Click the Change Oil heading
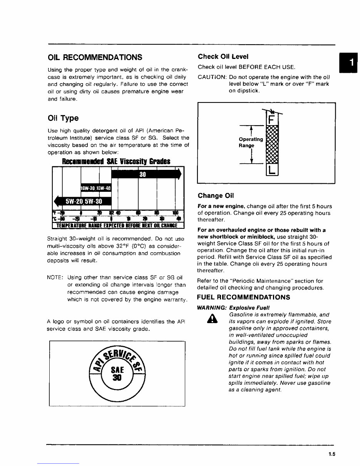[216, 195]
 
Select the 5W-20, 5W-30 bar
[83, 201]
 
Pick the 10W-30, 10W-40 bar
[95, 188]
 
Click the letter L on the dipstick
[272, 169]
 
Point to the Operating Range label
[251, 142]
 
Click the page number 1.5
[332, 454]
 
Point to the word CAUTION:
[211, 77]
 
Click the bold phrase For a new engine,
[221, 206]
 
